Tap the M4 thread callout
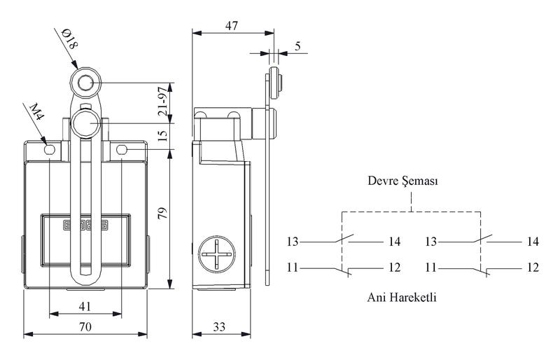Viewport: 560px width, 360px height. (x=36, y=111)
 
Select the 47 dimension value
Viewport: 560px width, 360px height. (x=232, y=26)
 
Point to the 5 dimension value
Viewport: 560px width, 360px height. (x=298, y=46)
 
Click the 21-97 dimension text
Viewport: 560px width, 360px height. (x=163, y=101)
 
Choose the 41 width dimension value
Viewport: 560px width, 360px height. (x=85, y=306)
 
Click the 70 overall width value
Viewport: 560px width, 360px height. (x=85, y=327)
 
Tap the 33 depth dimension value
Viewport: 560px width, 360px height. (x=220, y=327)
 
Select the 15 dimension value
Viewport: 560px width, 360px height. (x=163, y=135)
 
